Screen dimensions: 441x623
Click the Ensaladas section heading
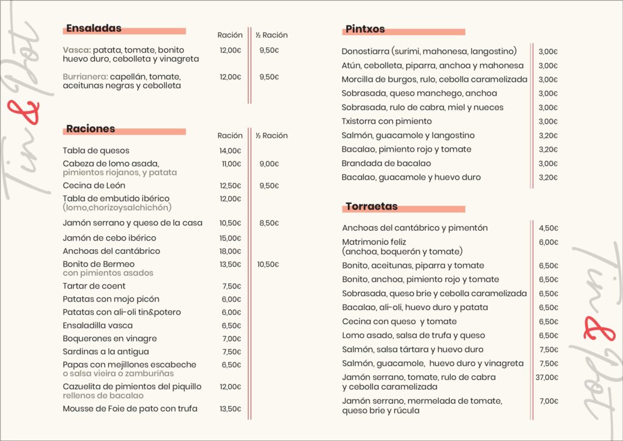pyautogui.click(x=94, y=28)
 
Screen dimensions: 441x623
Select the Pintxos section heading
pyautogui.click(x=365, y=29)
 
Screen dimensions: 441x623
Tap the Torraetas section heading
pyautogui.click(x=371, y=206)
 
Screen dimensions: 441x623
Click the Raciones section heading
pyautogui.click(x=91, y=129)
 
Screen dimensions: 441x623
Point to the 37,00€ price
pyautogui.click(x=547, y=378)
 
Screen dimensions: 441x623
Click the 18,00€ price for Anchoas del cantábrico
pyautogui.click(x=231, y=251)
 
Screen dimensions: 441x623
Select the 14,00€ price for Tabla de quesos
pyautogui.click(x=231, y=150)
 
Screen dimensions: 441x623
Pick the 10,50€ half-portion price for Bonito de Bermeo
pyautogui.click(x=268, y=264)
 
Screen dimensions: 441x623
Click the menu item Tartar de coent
pyautogui.click(x=94, y=286)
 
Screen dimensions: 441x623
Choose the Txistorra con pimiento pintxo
pyautogui.click(x=386, y=121)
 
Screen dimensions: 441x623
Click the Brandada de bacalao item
pyautogui.click(x=386, y=163)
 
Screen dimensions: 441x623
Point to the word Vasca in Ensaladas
pyautogui.click(x=76, y=50)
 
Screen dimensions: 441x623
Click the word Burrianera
pyautogui.click(x=85, y=77)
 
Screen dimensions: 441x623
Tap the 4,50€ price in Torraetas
pyautogui.click(x=548, y=228)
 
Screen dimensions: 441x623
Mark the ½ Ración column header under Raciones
pyautogui.click(x=271, y=136)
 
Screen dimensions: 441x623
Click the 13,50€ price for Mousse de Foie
pyautogui.click(x=231, y=409)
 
